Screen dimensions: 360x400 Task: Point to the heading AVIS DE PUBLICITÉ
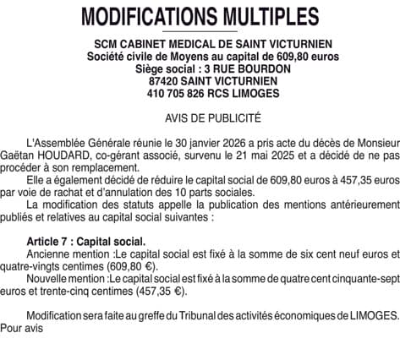(200, 117)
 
